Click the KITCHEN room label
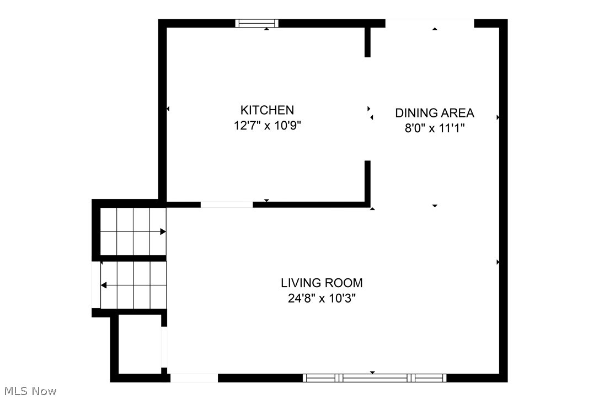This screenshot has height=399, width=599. point(267,110)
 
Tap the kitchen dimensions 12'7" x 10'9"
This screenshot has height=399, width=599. point(267,126)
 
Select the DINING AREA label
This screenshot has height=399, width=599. point(435,113)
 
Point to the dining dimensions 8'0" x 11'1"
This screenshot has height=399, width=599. point(435,128)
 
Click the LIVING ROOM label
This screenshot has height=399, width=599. point(322,283)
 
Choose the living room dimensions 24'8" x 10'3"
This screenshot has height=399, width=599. point(322,299)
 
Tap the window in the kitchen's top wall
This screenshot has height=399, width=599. point(257,23)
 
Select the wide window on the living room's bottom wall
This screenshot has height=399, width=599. point(375,378)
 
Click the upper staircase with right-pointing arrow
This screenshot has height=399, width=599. point(132,231)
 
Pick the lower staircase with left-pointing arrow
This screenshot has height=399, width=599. point(132,285)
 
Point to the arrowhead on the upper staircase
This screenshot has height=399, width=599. point(163,231)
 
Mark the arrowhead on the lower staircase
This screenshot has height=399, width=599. point(104,285)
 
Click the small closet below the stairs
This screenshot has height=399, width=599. point(140,344)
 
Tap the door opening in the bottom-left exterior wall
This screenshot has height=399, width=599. point(194,378)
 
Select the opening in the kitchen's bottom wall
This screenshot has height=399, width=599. point(227,204)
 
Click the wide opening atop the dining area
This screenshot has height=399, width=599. point(430,23)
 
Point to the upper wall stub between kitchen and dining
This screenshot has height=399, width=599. point(367,42)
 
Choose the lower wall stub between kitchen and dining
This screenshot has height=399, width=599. point(367,182)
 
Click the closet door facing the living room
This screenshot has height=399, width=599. point(164,347)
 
